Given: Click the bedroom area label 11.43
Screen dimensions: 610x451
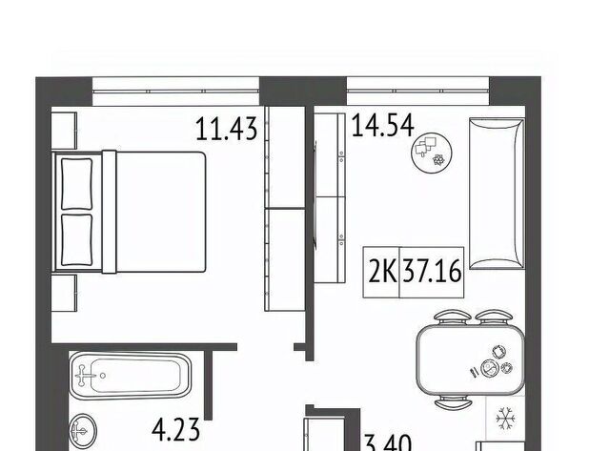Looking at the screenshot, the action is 227,129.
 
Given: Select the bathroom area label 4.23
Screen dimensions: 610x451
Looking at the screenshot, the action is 175,430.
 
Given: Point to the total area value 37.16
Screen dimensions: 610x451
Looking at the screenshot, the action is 432,271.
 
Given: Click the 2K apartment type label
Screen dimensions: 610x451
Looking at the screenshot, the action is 382,271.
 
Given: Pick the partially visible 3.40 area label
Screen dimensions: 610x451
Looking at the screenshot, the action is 388,443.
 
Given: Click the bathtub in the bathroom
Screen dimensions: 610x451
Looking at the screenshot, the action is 131,376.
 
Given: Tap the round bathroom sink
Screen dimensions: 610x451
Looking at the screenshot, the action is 83,431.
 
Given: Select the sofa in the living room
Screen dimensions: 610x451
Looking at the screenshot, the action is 497,194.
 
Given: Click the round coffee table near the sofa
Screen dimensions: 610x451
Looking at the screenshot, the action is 432,153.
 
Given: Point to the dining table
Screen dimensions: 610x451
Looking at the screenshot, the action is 470,360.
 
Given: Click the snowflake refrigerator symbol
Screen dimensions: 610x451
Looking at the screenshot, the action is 505,420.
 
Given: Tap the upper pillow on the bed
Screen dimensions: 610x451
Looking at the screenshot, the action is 77,184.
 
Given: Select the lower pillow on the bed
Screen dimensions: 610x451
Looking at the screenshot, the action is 77,239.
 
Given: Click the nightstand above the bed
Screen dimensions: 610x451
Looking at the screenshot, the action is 64,131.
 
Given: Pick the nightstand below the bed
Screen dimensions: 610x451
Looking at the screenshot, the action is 64,293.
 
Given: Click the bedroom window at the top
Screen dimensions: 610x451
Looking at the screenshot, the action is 175,91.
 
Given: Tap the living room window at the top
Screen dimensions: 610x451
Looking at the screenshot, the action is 417,91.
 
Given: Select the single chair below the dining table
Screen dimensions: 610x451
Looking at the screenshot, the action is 454,403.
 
